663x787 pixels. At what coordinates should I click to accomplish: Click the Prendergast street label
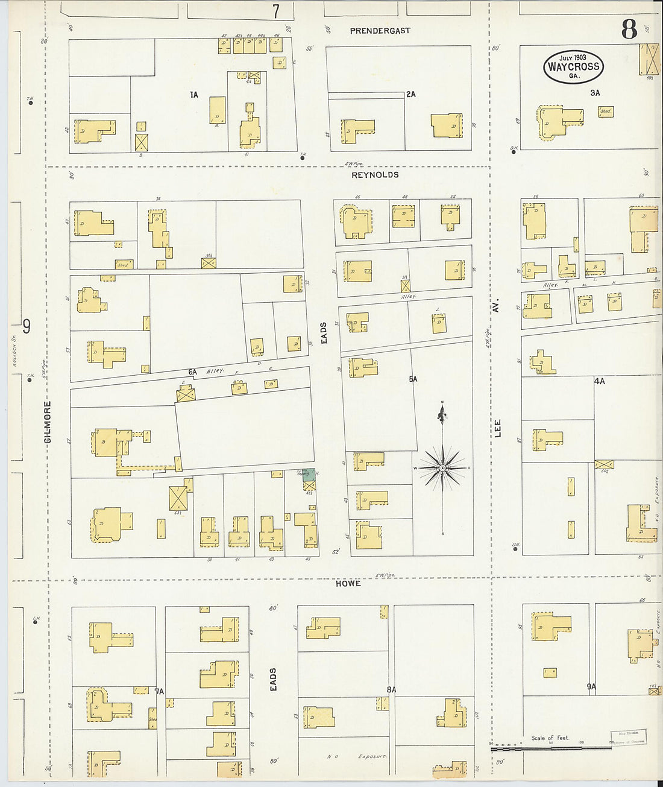[380, 31]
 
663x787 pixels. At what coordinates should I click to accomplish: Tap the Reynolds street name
[375, 175]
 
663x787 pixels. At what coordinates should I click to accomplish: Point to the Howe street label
[348, 583]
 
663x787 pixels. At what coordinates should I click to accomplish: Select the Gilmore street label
[48, 422]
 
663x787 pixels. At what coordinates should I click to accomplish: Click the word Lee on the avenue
[498, 429]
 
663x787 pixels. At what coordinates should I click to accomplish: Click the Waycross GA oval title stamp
[573, 67]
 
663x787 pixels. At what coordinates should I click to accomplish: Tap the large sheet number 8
[629, 29]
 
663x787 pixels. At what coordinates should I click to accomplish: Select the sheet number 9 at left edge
[27, 326]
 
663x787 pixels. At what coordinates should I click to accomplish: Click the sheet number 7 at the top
[276, 11]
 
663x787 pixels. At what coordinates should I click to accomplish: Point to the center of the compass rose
[443, 468]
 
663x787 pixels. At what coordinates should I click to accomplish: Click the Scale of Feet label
[550, 738]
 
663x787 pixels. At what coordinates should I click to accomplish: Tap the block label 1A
[193, 95]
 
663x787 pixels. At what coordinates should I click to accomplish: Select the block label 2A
[410, 95]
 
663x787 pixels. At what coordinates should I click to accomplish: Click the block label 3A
[595, 93]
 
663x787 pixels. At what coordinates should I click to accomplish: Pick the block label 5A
[413, 379]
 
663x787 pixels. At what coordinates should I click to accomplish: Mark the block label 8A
[391, 689]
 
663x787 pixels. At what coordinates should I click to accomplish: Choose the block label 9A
[591, 686]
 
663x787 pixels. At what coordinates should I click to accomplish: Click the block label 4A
[599, 381]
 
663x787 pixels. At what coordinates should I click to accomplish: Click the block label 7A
[159, 691]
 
